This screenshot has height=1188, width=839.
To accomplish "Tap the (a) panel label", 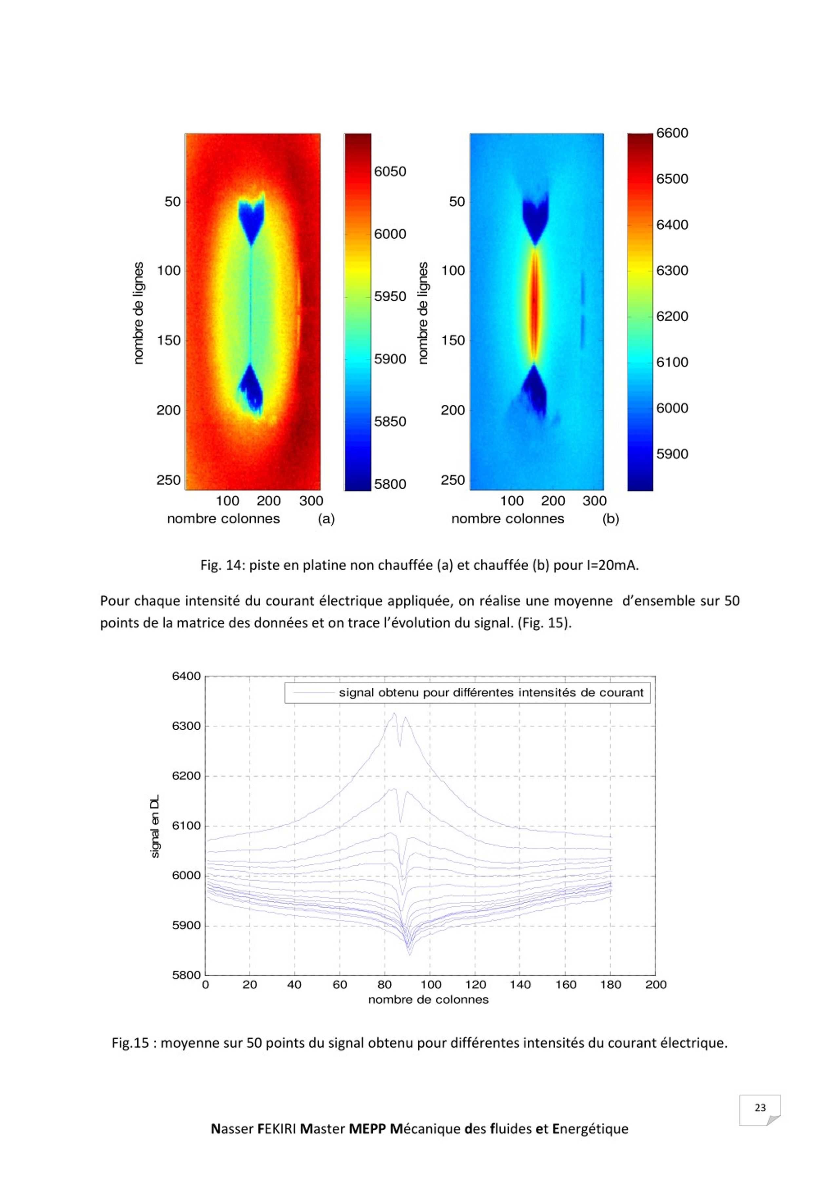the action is click(x=326, y=519).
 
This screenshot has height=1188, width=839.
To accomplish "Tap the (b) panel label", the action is click(x=610, y=519).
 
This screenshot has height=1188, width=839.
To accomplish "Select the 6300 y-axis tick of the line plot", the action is click(x=186, y=726).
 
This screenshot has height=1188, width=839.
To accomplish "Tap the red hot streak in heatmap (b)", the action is click(x=534, y=305).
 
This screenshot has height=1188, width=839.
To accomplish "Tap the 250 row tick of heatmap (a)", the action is click(x=169, y=480).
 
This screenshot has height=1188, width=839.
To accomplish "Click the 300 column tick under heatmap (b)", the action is click(x=594, y=501).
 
